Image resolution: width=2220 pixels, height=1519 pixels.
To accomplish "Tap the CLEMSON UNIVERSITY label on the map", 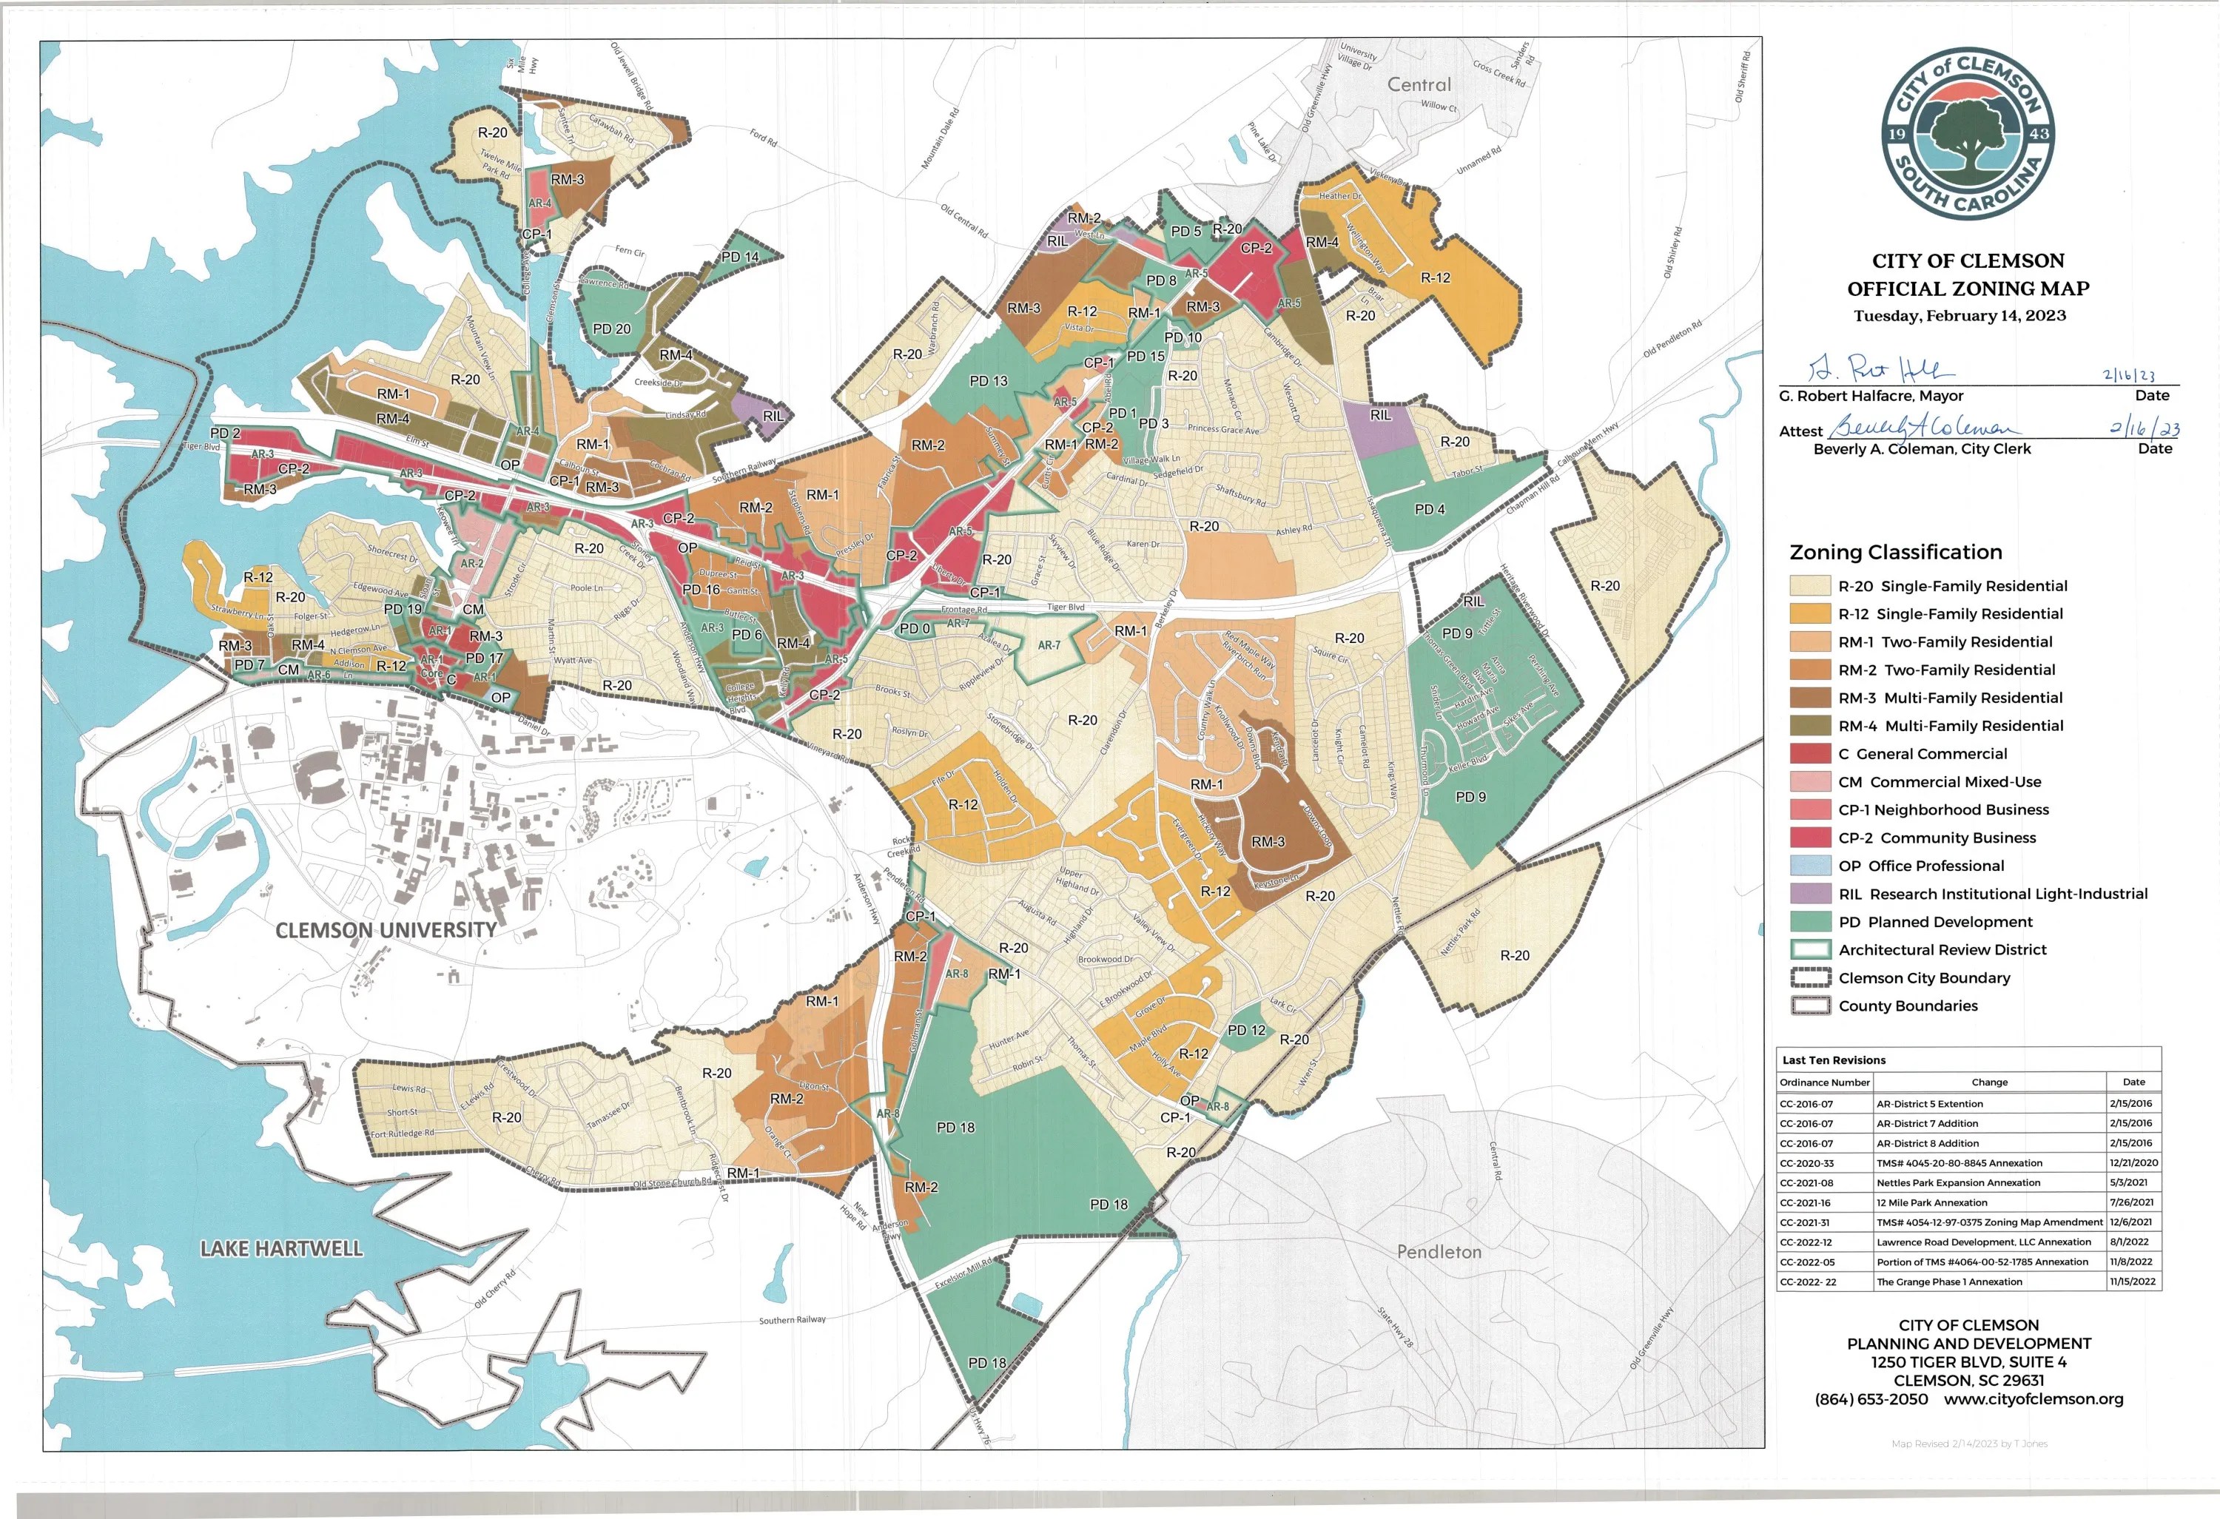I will pyautogui.click(x=386, y=929).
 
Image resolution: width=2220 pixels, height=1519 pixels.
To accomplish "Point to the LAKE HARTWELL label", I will pyautogui.click(x=281, y=1249).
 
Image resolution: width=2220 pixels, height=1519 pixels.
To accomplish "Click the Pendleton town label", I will pyautogui.click(x=1439, y=1251).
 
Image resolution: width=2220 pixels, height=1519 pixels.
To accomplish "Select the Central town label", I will pyautogui.click(x=1419, y=84).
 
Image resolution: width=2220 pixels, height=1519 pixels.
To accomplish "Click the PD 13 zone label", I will pyautogui.click(x=988, y=380).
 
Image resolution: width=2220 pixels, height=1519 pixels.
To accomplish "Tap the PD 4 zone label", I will pyautogui.click(x=1429, y=509).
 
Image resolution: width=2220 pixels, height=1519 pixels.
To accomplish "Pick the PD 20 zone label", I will pyautogui.click(x=611, y=329).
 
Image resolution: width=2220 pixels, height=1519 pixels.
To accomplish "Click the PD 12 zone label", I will pyautogui.click(x=1245, y=1030).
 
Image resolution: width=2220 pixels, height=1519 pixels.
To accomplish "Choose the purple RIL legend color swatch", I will pyautogui.click(x=1809, y=895).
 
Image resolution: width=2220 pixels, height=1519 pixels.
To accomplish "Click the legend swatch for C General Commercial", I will pyautogui.click(x=1809, y=754).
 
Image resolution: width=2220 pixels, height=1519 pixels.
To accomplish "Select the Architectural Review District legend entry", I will pyautogui.click(x=1941, y=949).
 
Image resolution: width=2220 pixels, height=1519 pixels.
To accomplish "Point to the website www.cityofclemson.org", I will pyautogui.click(x=2033, y=1398).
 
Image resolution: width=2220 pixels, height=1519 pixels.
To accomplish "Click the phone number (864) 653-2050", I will pyautogui.click(x=1871, y=1398).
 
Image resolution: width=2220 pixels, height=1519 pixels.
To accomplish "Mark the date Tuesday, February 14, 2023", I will pyautogui.click(x=1960, y=315).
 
